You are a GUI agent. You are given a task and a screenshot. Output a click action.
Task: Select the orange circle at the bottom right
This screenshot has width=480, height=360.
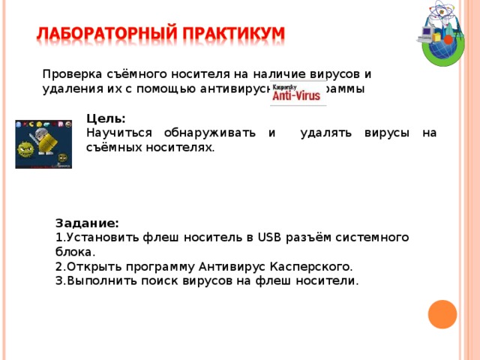tap(442, 314)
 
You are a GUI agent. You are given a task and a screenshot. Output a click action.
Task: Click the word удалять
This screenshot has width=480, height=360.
tap(328, 133)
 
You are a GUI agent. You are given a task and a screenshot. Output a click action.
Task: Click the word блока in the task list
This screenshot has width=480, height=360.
tap(73, 252)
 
